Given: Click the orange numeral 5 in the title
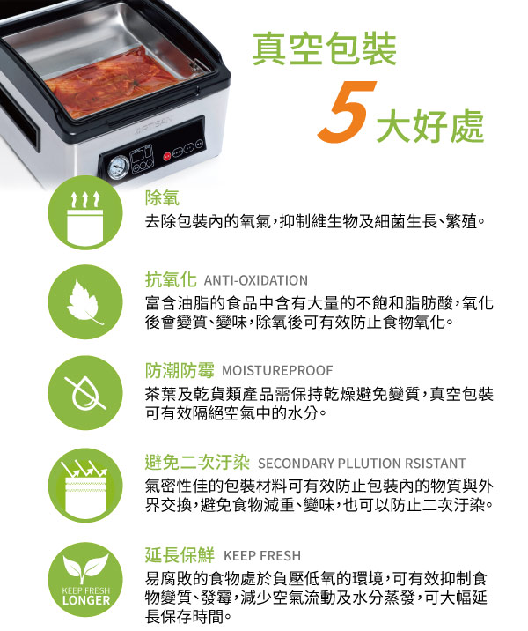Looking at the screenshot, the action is pos(348,111).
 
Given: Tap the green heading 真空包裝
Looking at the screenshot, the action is pos(324,49).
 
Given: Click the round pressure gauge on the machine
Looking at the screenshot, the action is pos(119,167).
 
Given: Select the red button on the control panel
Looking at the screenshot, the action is pos(167,156).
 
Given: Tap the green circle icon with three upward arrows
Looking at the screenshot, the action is pos(85,213).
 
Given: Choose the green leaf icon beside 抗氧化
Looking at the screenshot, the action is pos(85,302).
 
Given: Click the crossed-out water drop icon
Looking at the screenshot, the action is pos(85,393).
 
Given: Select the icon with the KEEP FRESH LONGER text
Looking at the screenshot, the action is pos(85,580).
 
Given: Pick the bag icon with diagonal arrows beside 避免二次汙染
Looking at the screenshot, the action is pos(85,486).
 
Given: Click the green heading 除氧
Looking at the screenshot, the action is pos(162,198).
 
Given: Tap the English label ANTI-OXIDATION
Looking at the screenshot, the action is pos(256,280).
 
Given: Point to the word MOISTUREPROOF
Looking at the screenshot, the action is pos(277,371).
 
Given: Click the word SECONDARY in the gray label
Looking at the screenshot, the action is pos(296,464).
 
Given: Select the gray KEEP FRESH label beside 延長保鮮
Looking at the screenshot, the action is pos(262,556).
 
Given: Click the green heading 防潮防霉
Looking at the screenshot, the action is pos(180,371).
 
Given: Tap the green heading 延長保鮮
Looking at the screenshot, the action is pos(180,555).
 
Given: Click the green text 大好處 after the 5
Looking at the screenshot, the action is pos(430,126).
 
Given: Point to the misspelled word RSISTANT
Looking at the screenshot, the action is pos(436,464).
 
